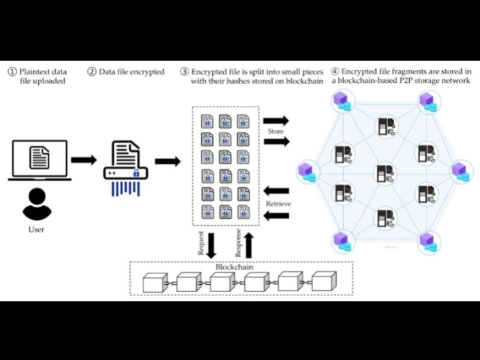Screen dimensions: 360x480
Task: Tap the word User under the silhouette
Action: (x=37, y=230)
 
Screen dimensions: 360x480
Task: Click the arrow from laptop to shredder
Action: (x=83, y=160)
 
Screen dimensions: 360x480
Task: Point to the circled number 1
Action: (x=12, y=72)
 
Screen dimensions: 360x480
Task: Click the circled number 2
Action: (x=91, y=72)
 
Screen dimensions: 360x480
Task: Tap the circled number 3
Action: (x=184, y=72)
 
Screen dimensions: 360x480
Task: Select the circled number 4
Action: (x=335, y=72)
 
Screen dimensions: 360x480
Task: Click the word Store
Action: (x=275, y=131)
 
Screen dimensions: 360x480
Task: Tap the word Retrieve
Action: (x=278, y=203)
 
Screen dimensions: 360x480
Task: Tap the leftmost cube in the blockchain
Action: (x=154, y=283)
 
